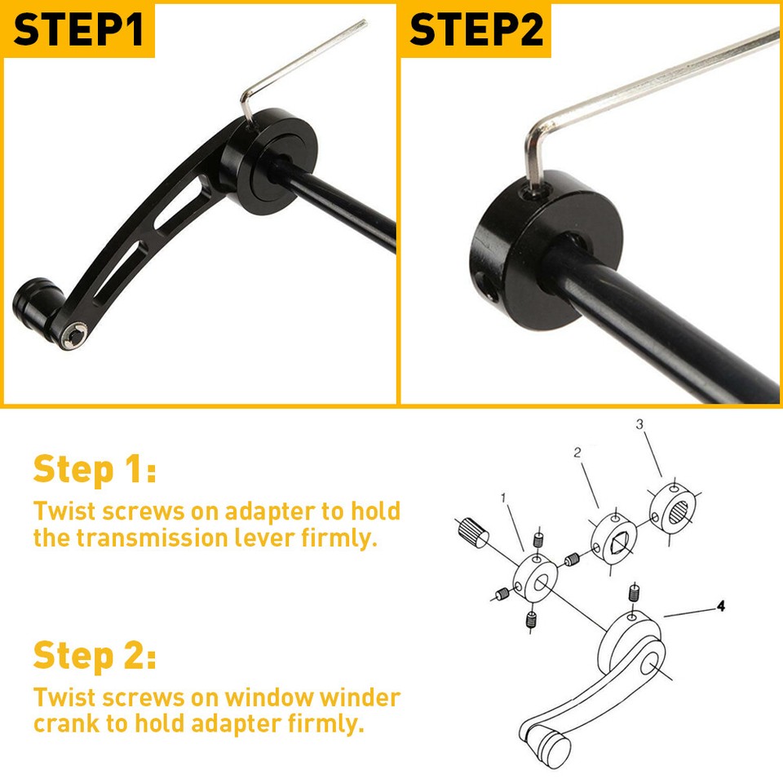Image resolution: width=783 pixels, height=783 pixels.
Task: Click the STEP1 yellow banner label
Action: point(78,29)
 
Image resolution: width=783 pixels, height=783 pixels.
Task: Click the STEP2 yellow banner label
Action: point(478,29)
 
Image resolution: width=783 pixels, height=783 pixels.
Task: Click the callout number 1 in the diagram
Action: point(504,497)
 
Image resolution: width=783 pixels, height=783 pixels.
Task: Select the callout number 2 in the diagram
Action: point(577,453)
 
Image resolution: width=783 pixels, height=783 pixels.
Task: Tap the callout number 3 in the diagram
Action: point(639,424)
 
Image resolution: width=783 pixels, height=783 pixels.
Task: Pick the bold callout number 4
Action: point(720,606)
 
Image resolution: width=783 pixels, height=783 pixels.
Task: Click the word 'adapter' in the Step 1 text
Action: point(269,511)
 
